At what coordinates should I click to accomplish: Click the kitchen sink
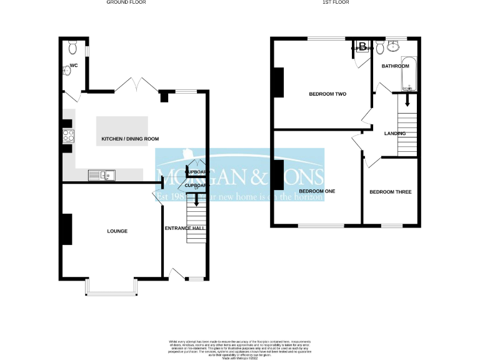coord(100,175)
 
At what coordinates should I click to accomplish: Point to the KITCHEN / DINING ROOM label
coord(131,139)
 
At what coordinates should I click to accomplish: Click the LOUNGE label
coord(117,231)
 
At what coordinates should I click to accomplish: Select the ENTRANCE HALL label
coord(185,229)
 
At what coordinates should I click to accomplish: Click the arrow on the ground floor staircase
coord(197,201)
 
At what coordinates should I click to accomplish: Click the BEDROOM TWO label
coord(327,94)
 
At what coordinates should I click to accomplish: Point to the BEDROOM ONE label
coord(317,191)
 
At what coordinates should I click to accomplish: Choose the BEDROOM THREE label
coord(390,192)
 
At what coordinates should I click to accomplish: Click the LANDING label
coord(395,133)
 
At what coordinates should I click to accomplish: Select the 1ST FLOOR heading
coord(335,2)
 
